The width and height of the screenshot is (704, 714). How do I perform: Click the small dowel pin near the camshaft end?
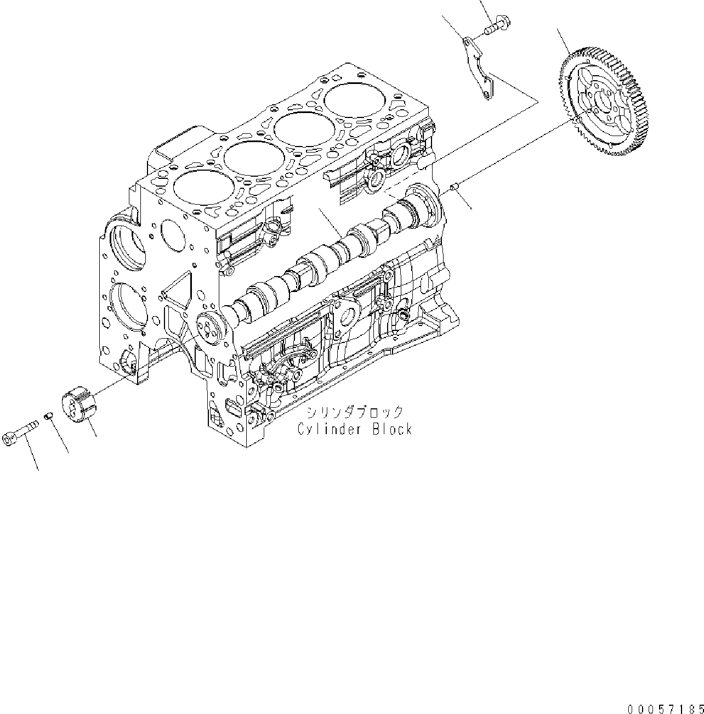coord(454,189)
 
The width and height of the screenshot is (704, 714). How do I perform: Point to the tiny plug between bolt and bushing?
coord(48,419)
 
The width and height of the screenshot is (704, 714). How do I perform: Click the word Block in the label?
coord(391,430)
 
